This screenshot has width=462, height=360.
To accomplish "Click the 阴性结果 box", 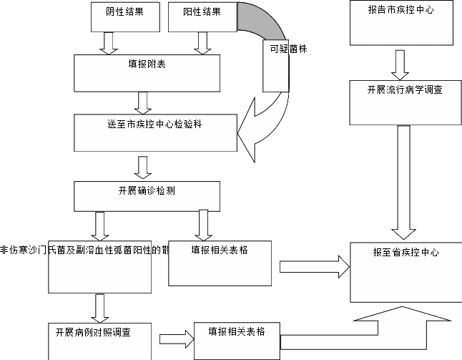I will click(x=125, y=17).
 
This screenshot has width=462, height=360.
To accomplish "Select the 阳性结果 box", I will click(x=202, y=17).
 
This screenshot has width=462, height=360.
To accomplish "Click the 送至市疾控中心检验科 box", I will click(x=156, y=132).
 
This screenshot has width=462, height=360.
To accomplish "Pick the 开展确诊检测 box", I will click(x=147, y=195).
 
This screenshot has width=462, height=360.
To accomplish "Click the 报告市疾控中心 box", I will click(x=400, y=23).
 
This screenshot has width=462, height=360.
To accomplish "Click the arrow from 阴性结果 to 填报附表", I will click(x=109, y=44).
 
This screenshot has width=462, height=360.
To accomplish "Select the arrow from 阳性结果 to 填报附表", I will click(x=202, y=44).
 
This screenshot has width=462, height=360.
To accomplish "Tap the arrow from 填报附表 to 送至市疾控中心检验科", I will click(x=144, y=102).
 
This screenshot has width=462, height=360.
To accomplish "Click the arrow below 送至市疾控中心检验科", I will click(x=144, y=167).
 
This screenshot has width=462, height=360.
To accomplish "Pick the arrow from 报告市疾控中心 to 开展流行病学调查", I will click(x=400, y=64).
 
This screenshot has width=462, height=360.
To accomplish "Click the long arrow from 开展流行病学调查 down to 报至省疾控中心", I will click(x=403, y=182).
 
